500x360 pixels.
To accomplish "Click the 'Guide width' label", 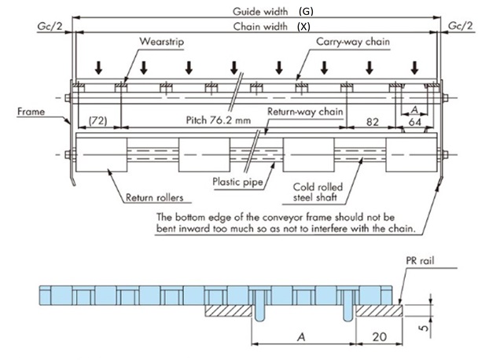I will pyautogui.click(x=260, y=11).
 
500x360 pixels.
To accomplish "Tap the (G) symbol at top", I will pyautogui.click(x=307, y=11).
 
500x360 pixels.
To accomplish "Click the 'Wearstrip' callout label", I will pyautogui.click(x=161, y=40).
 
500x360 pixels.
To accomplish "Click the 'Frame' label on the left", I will pyautogui.click(x=31, y=112).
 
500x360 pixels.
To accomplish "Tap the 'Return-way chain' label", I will pyautogui.click(x=304, y=112).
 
